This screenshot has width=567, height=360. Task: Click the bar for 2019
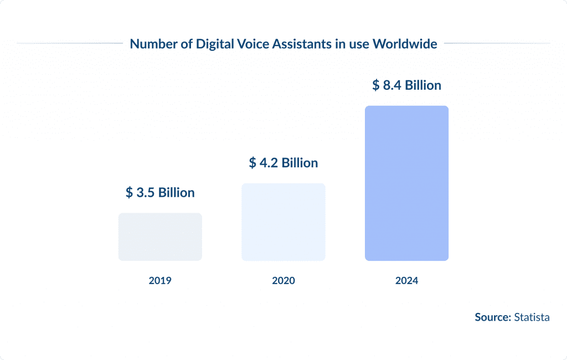point(160,236)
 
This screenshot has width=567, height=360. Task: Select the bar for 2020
point(283,222)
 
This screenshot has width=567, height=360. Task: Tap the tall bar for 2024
point(406,183)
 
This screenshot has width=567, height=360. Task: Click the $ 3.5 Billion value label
point(160,193)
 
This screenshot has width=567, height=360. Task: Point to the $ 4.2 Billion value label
point(283,163)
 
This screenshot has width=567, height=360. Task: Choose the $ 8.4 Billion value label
point(406,85)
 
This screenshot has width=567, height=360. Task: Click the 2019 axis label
point(160,281)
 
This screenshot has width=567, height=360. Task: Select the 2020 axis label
point(283,281)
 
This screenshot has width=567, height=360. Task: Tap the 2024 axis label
point(406,281)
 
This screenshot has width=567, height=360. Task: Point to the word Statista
point(532,317)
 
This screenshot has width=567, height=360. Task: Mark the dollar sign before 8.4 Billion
point(376,85)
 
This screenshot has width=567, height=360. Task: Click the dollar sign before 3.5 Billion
point(130,193)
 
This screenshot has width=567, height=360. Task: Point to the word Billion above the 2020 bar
point(300,163)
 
